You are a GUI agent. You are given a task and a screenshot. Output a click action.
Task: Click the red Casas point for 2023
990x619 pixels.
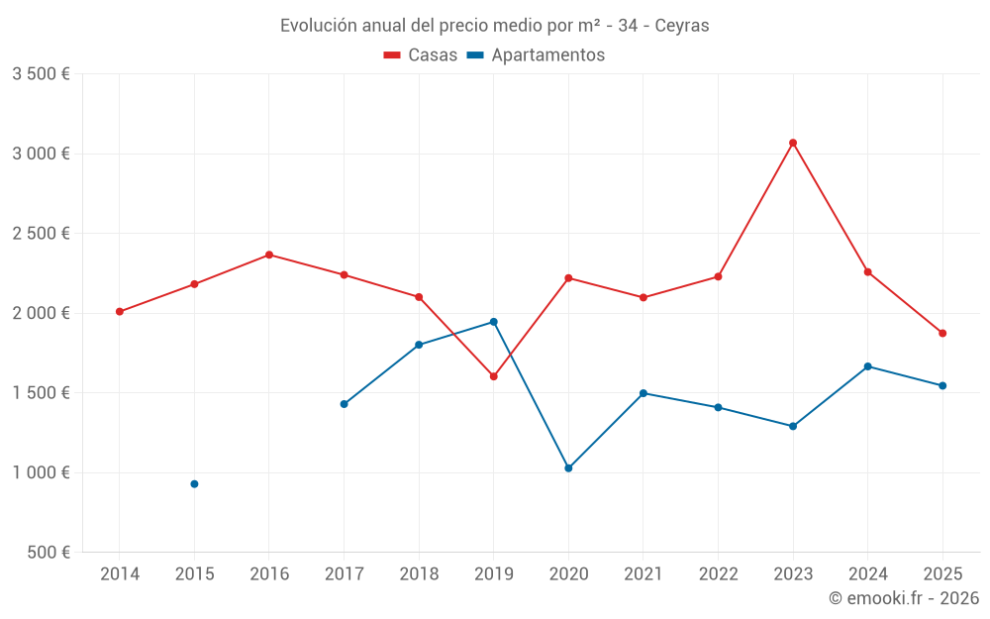point(793,143)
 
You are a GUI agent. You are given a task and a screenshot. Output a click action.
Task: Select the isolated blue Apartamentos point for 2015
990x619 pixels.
point(194,484)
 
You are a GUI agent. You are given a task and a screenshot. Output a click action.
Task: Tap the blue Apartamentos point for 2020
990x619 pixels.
point(568,468)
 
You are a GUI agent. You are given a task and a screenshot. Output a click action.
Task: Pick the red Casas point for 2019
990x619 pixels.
point(493,376)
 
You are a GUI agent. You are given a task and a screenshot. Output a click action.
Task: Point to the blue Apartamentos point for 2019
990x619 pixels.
point(493,322)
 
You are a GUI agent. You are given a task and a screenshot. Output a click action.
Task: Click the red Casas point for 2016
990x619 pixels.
point(269,255)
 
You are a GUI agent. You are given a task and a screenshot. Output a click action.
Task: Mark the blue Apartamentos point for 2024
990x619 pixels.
point(867,366)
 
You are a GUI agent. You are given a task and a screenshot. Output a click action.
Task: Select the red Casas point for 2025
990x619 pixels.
point(942,333)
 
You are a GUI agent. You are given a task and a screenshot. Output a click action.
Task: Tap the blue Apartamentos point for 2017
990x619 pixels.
point(344,404)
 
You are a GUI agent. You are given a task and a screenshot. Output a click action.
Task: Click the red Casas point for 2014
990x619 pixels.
point(119,312)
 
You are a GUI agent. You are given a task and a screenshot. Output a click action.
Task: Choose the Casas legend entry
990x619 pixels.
point(421,55)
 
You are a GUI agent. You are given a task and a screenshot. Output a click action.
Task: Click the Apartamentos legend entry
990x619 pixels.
point(536,55)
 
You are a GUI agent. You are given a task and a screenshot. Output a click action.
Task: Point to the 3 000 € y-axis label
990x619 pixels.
point(41,154)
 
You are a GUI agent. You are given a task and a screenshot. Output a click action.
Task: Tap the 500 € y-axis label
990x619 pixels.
point(48,553)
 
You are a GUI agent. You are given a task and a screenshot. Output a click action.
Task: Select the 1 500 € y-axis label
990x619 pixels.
point(41,393)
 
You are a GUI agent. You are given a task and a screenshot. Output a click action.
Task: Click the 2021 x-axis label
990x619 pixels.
point(643,574)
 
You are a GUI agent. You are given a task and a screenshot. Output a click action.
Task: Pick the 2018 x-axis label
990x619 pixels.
point(419,574)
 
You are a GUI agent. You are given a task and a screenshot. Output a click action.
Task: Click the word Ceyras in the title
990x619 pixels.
point(682,26)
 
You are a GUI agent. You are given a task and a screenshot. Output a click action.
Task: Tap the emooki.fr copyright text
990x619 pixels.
point(904,598)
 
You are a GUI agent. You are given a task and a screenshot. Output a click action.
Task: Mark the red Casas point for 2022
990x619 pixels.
point(718,276)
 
